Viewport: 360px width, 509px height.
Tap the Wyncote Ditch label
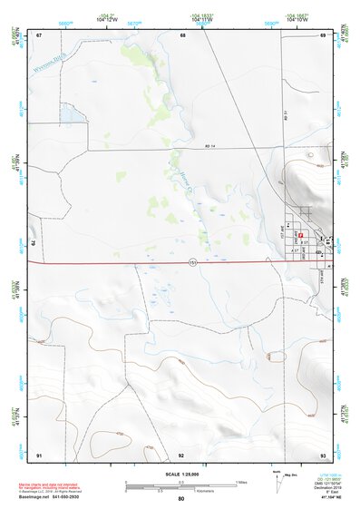[51, 64]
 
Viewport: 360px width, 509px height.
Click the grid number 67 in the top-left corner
[39, 35]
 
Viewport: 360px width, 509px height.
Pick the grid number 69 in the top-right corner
[323, 35]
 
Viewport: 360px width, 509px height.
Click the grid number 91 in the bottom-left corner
[39, 454]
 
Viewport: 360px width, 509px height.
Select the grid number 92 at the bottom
[181, 454]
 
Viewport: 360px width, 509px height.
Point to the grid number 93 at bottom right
[323, 454]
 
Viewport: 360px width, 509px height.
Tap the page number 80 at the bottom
[181, 499]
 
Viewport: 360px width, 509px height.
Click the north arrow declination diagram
[277, 479]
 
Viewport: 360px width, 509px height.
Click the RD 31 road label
[284, 116]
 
